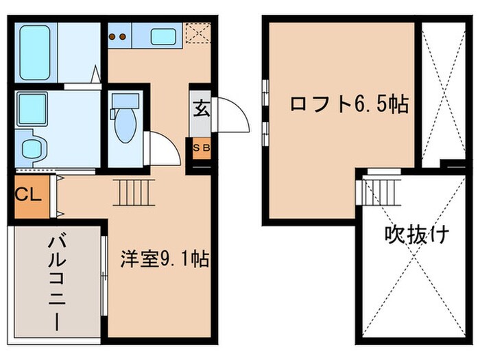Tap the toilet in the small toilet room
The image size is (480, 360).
click(125, 126)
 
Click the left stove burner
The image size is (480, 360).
click(114, 36)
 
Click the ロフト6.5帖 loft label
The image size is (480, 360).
click(350, 104)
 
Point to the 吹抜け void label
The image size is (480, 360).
click(416, 236)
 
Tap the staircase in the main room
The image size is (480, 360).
click(134, 192)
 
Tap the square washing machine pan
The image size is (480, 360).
click(32, 108)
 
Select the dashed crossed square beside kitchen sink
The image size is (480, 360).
click(197, 32)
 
